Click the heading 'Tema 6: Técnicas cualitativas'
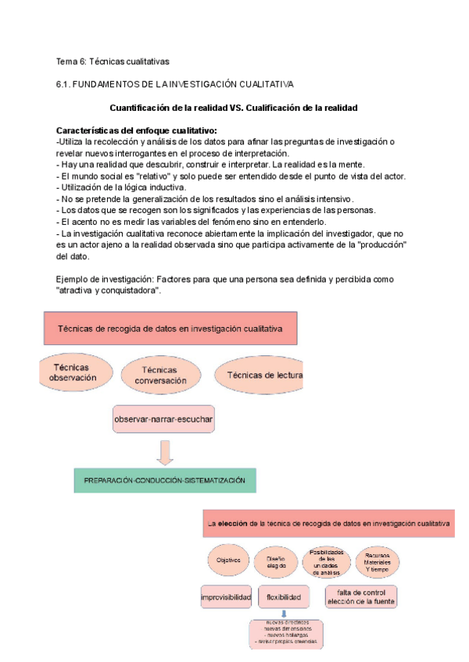pyautogui.click(x=113, y=61)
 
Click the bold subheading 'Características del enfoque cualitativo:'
pyautogui.click(x=137, y=130)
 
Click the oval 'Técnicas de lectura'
pyautogui.click(x=260, y=375)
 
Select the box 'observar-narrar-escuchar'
pyautogui.click(x=163, y=419)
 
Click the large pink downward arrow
pyautogui.click(x=165, y=452)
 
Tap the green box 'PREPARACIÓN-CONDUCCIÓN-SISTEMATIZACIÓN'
pyautogui.click(x=165, y=479)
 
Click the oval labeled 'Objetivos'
pyautogui.click(x=228, y=560)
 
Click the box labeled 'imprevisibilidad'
pyautogui.click(x=227, y=598)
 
